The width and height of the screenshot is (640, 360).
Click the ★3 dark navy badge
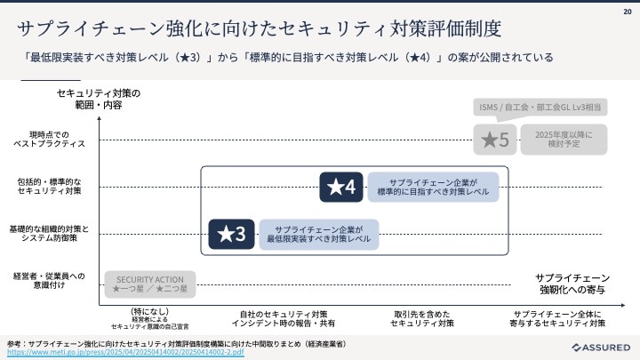click(x=231, y=234)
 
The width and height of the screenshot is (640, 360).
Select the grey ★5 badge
click(x=494, y=139)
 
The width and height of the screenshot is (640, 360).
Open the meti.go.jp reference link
click(x=124, y=352)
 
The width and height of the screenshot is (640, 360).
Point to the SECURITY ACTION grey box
click(x=149, y=284)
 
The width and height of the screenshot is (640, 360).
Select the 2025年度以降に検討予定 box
click(x=557, y=139)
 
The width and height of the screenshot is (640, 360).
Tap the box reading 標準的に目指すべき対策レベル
click(x=433, y=187)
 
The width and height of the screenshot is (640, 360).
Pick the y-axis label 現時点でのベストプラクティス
click(x=49, y=139)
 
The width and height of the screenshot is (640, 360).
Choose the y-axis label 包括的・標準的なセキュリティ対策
click(x=49, y=187)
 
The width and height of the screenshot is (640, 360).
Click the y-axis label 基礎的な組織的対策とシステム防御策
click(x=49, y=234)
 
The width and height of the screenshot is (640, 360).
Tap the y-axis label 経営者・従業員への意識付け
click(x=49, y=280)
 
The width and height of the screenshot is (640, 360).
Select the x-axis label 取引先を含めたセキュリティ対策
click(x=422, y=318)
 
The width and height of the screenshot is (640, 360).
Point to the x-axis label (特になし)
click(x=148, y=317)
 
